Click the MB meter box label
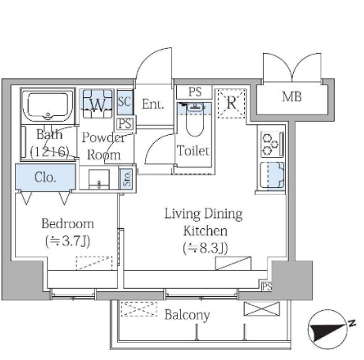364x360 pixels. pos(291,96)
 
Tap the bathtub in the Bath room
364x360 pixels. pos(47,106)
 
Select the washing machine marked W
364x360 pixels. pos(97,103)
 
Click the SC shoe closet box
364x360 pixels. pos(125,102)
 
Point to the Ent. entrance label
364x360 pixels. pos(152,104)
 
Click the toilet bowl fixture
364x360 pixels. pos(195,120)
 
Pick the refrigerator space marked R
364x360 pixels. pos(231,103)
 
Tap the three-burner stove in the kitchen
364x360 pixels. pos(272,144)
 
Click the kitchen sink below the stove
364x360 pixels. pos(272,175)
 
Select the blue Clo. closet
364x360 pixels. pos(46,177)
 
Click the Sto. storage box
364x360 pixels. pos(127,178)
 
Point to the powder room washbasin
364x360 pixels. pos(99,179)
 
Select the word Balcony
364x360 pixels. pos(187,315)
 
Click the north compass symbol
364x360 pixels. pos(328,329)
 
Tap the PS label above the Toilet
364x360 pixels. pos(195,92)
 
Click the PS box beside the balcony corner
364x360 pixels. pos(267,286)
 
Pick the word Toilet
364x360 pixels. pos(193,151)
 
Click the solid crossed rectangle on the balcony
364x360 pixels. pos(261,309)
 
